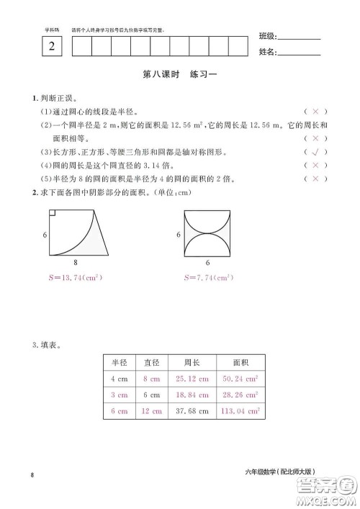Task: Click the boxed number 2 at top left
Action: [x=51, y=47]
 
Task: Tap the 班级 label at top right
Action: [x=267, y=37]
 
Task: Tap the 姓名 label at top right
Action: [x=267, y=52]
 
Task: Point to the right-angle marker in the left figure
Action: [x=53, y=213]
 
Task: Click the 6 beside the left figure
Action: [x=45, y=235]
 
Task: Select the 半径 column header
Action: [x=119, y=362]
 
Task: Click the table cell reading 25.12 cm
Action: [x=192, y=379]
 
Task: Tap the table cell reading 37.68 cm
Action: [x=192, y=411]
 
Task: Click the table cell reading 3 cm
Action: [x=119, y=395]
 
